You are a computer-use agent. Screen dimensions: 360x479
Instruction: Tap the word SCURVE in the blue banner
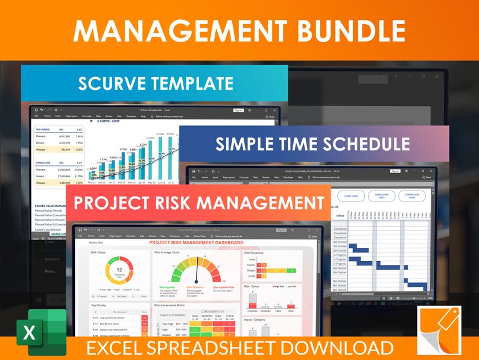pyautogui.click(x=115, y=84)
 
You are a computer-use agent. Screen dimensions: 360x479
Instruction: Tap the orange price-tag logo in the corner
pyautogui.click(x=439, y=330)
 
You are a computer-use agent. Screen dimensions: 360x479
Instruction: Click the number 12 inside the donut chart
pyautogui.click(x=119, y=270)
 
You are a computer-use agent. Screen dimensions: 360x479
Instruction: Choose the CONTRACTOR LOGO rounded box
pyautogui.click(x=413, y=196)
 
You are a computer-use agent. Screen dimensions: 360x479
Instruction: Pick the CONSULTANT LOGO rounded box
pyautogui.click(x=381, y=196)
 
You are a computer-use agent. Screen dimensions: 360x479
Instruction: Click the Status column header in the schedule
pyautogui.click(x=340, y=215)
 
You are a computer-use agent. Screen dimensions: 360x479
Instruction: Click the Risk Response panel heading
pyautogui.click(x=255, y=253)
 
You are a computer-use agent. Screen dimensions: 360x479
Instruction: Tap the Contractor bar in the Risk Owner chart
pyautogui.click(x=252, y=302)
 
